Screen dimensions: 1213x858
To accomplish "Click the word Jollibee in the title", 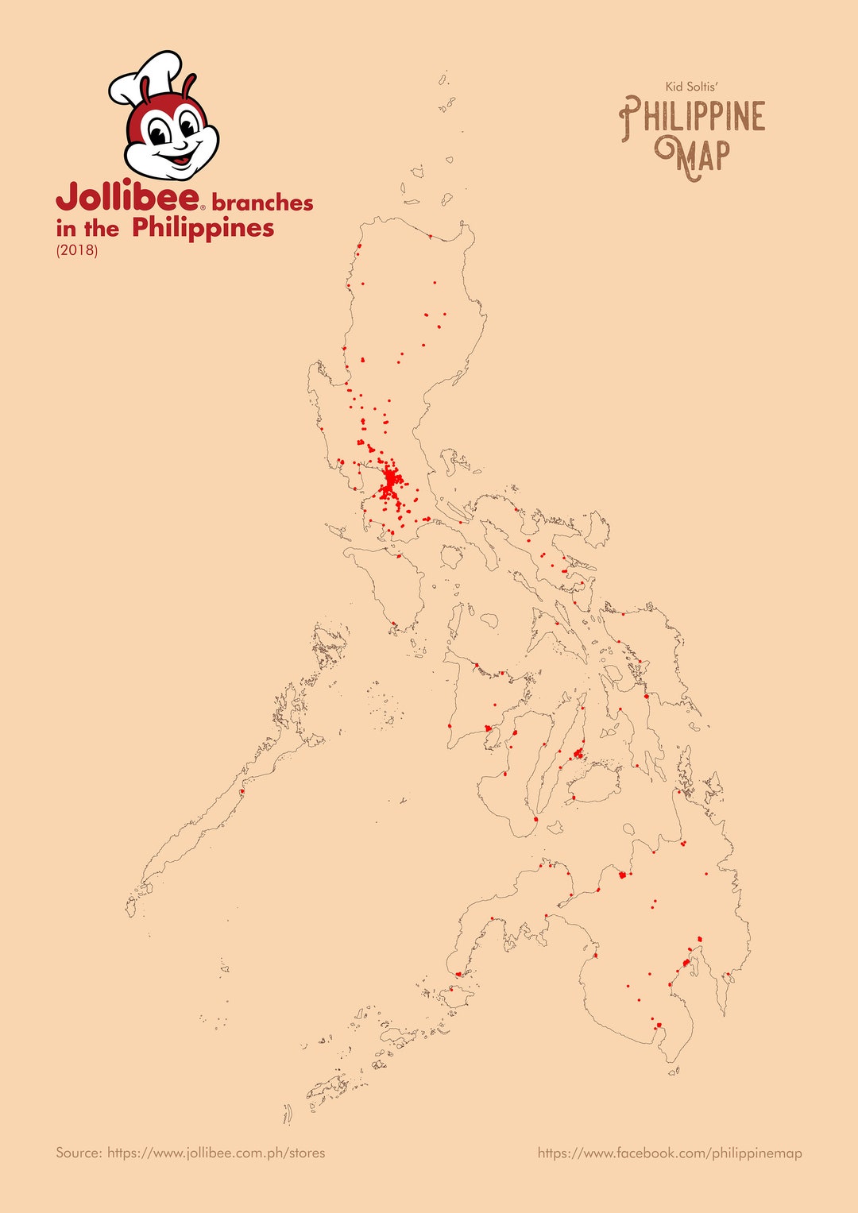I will [x=127, y=197].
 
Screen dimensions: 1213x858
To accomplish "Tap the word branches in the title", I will [x=262, y=203].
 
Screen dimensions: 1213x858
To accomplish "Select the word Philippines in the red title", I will [x=203, y=228].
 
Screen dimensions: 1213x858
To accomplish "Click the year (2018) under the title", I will [x=76, y=251].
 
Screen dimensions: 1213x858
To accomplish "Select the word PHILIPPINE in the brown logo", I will [x=692, y=118].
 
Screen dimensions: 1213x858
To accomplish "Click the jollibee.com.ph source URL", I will [x=216, y=1153].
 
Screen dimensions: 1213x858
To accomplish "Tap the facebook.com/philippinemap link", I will [x=670, y=1153].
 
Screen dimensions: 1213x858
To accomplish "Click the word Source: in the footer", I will [x=79, y=1153].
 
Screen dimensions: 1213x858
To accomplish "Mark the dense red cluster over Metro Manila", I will [x=391, y=481].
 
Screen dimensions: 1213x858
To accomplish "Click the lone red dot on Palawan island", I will [x=242, y=791].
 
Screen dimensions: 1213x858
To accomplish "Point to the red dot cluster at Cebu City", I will [x=578, y=752].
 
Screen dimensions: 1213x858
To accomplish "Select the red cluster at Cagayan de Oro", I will [x=622, y=875].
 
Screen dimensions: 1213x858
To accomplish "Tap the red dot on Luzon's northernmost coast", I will [x=430, y=236].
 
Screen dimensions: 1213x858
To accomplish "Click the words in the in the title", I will [x=87, y=229].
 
